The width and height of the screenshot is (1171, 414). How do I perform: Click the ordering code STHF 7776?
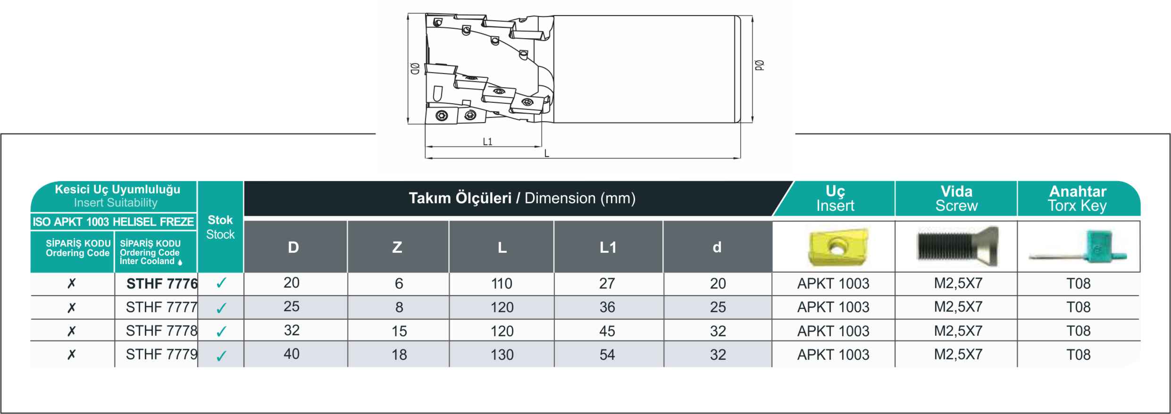(x=162, y=283)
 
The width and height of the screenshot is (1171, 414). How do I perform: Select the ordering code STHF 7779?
(x=162, y=355)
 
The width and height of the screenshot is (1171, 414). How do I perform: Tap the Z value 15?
(x=399, y=331)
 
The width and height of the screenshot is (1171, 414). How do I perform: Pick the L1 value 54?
(x=607, y=355)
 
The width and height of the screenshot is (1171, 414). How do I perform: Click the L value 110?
(x=502, y=283)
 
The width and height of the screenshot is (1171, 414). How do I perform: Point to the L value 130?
(x=502, y=355)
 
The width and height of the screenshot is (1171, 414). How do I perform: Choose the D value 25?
(x=292, y=306)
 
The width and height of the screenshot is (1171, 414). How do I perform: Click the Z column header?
(x=397, y=247)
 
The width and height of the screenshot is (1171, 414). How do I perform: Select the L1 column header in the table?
(x=608, y=247)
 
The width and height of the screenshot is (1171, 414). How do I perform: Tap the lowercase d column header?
(x=717, y=247)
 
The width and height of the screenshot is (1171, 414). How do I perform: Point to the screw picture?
(x=958, y=247)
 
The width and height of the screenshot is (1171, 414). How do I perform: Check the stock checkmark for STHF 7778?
(x=221, y=332)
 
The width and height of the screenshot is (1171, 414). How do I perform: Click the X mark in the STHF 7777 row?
(x=71, y=307)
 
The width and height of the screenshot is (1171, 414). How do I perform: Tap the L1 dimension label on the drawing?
(x=487, y=141)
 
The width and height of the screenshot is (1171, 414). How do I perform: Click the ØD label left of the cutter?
(x=415, y=69)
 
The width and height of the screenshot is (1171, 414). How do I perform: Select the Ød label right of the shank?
(x=759, y=66)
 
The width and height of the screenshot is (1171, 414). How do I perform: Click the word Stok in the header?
(x=220, y=220)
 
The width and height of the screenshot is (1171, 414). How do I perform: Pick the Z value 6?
(x=399, y=283)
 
